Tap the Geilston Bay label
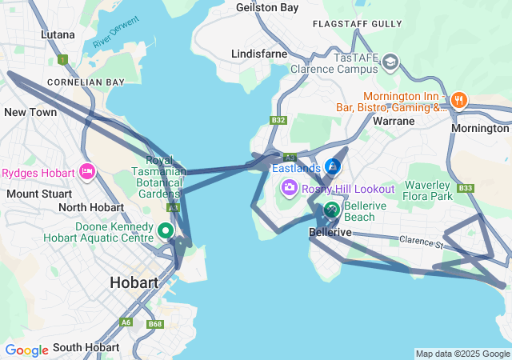tap(267, 7)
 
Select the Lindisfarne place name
tap(258, 53)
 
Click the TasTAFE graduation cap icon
tap(390, 62)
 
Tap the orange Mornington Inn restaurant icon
tap(458, 101)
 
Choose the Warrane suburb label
tap(394, 121)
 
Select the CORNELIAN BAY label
tap(86, 82)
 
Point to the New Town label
tap(30, 113)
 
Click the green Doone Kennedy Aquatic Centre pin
tap(166, 231)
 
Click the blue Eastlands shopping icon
tap(333, 168)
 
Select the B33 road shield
tap(466, 189)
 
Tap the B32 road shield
tap(278, 120)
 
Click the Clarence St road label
tap(422, 240)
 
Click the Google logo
tap(26, 350)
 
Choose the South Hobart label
tap(86, 347)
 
